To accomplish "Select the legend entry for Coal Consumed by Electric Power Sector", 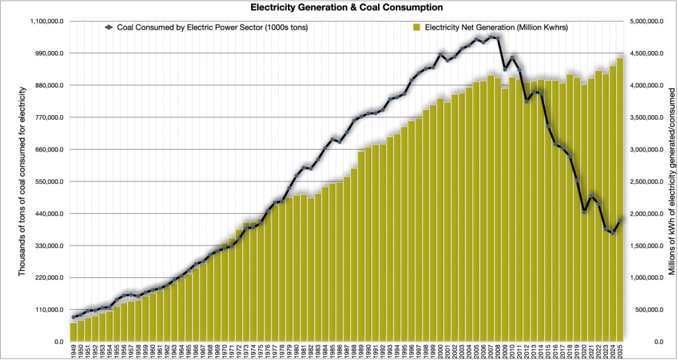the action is [207, 27].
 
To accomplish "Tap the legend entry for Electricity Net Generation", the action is [491, 27].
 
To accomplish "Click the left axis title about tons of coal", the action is [22, 181].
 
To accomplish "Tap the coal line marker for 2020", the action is [584, 212].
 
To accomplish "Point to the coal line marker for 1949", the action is [73, 317].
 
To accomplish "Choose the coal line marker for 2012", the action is [526, 101].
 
